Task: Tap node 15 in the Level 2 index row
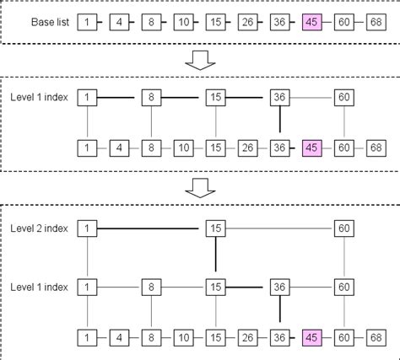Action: [215, 228]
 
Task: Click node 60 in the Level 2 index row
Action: [343, 228]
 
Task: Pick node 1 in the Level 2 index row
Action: [87, 228]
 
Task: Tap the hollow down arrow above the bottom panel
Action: [199, 190]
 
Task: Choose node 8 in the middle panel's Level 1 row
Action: [151, 99]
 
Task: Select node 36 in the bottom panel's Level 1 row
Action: [279, 287]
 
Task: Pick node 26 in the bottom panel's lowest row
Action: [247, 337]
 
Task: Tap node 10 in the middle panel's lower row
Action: [183, 148]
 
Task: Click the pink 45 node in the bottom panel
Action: [311, 337]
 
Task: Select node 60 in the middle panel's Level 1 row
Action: [343, 99]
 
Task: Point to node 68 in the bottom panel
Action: [376, 337]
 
